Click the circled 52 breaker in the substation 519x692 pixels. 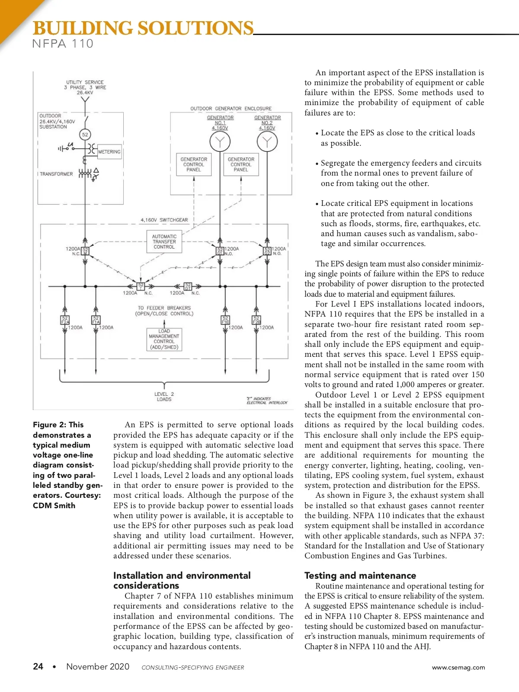pyautogui.click(x=85, y=135)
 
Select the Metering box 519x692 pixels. pyautogui.click(x=109, y=152)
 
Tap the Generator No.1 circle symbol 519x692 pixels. pyautogui.click(x=220, y=141)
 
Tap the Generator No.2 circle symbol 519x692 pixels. pyautogui.click(x=267, y=141)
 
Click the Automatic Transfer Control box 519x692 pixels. pyautogui.click(x=164, y=242)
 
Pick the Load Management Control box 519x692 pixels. pyautogui.click(x=164, y=339)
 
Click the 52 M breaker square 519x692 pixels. pyautogui.click(x=85, y=251)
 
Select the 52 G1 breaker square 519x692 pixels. pyautogui.click(x=220, y=251)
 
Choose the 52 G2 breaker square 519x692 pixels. pyautogui.click(x=267, y=251)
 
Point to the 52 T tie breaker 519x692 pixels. pyautogui.click(x=141, y=286)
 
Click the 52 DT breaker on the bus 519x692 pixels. pyautogui.click(x=188, y=286)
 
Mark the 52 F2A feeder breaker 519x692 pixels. pyautogui.click(x=65, y=320)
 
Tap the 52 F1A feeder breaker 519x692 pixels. pyautogui.click(x=96, y=320)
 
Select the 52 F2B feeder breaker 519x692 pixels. pyautogui.click(x=256, y=320)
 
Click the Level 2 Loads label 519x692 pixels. pyautogui.click(x=164, y=397)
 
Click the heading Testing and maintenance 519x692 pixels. pyautogui.click(x=360, y=575)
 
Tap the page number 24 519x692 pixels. pyautogui.click(x=38, y=666)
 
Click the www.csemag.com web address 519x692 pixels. pyautogui.click(x=458, y=667)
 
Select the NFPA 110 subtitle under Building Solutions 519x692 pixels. pyautogui.click(x=63, y=44)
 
